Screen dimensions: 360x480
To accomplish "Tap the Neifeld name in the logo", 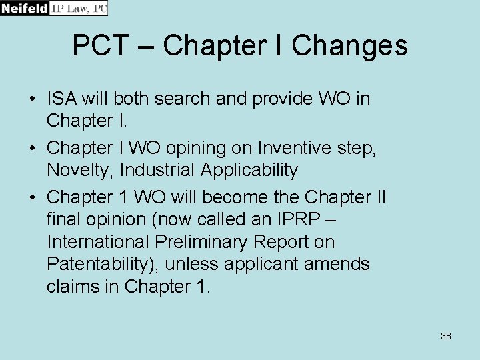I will coord(25,8).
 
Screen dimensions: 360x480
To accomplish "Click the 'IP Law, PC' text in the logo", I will coord(79,8).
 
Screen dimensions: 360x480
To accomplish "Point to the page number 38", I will coord(446,336).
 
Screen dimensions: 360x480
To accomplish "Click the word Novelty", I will coord(80,171).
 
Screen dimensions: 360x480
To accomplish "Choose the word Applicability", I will coord(249,171).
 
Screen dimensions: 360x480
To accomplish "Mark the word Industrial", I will coord(157,171).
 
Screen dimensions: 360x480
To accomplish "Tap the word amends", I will coord(336,264).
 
